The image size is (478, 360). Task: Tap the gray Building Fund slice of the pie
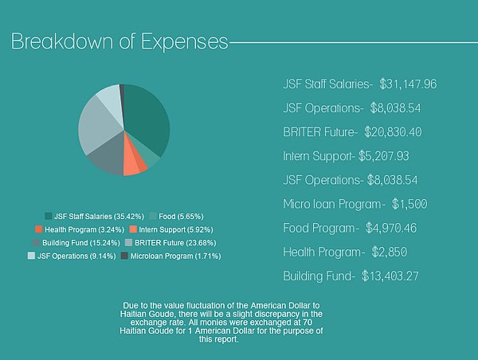(106, 159)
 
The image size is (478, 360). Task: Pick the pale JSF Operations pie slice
(108, 100)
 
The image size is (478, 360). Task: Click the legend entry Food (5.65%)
(174, 216)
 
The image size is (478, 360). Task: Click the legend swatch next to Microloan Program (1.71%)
(123, 256)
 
